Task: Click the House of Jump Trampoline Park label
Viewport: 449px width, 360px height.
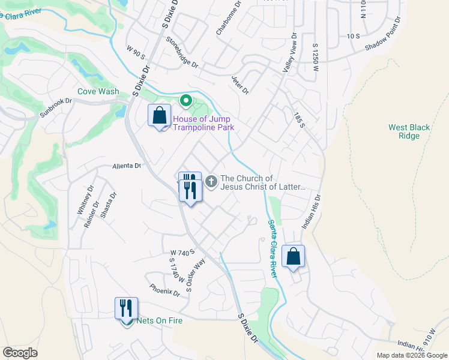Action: [x=203, y=123]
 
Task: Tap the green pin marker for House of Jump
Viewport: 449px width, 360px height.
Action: [x=186, y=101]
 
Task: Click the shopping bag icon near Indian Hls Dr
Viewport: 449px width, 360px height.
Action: [x=293, y=256]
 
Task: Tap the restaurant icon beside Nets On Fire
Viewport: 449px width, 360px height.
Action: [x=126, y=308]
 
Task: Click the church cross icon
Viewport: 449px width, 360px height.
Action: [x=211, y=181]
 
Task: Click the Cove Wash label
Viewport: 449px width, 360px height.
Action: [x=98, y=92]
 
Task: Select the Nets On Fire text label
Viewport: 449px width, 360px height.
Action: [x=159, y=321]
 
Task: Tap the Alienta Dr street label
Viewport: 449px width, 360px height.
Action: [x=125, y=166]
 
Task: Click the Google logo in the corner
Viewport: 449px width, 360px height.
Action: [x=20, y=352]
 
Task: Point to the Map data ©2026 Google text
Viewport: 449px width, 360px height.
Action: [x=411, y=355]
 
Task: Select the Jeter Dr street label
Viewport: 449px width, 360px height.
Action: [x=240, y=85]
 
